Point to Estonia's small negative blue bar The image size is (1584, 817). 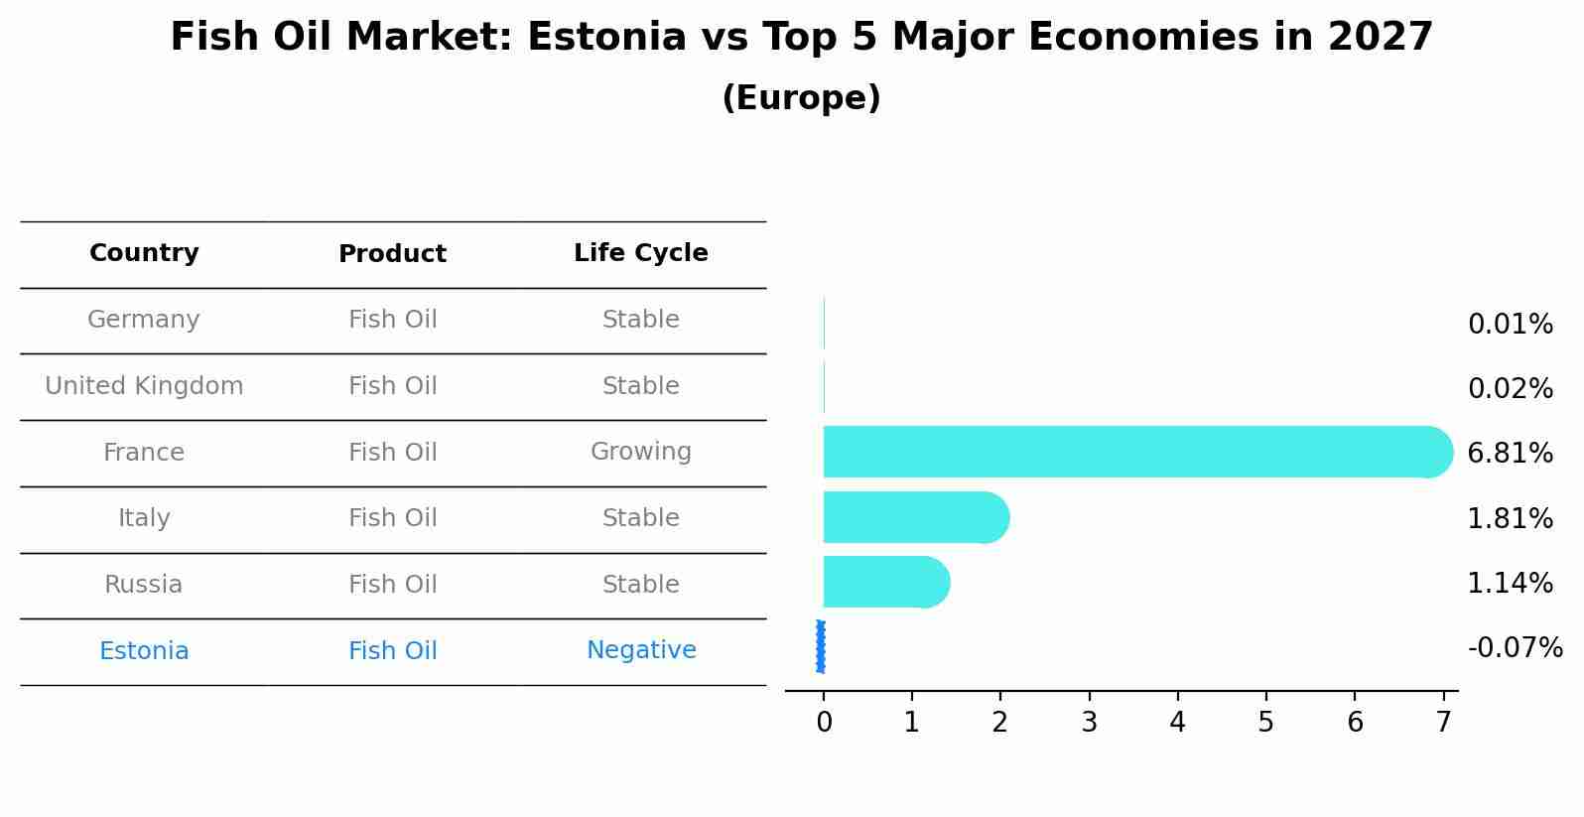pyautogui.click(x=821, y=646)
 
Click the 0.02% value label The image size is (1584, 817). pyautogui.click(x=1510, y=388)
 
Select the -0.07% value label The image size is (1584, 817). pyautogui.click(x=1515, y=648)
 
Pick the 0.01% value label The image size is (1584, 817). pyautogui.click(x=1510, y=324)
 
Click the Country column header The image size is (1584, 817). pyautogui.click(x=144, y=253)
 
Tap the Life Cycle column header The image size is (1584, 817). pyautogui.click(x=640, y=253)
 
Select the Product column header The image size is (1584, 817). pyautogui.click(x=392, y=254)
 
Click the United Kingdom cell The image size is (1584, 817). pyautogui.click(x=144, y=386)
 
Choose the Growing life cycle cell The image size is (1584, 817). pyautogui.click(x=640, y=452)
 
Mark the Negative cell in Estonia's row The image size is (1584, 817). pyautogui.click(x=640, y=650)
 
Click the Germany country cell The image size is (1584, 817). pyautogui.click(x=144, y=320)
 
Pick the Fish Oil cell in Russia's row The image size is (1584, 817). pyautogui.click(x=392, y=585)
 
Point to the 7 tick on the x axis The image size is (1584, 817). pyautogui.click(x=1443, y=722)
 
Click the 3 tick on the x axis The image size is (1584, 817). pyautogui.click(x=1089, y=722)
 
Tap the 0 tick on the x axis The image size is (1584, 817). pyautogui.click(x=824, y=722)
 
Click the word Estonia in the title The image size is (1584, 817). pyautogui.click(x=606, y=38)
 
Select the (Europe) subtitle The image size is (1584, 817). pyautogui.click(x=801, y=98)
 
